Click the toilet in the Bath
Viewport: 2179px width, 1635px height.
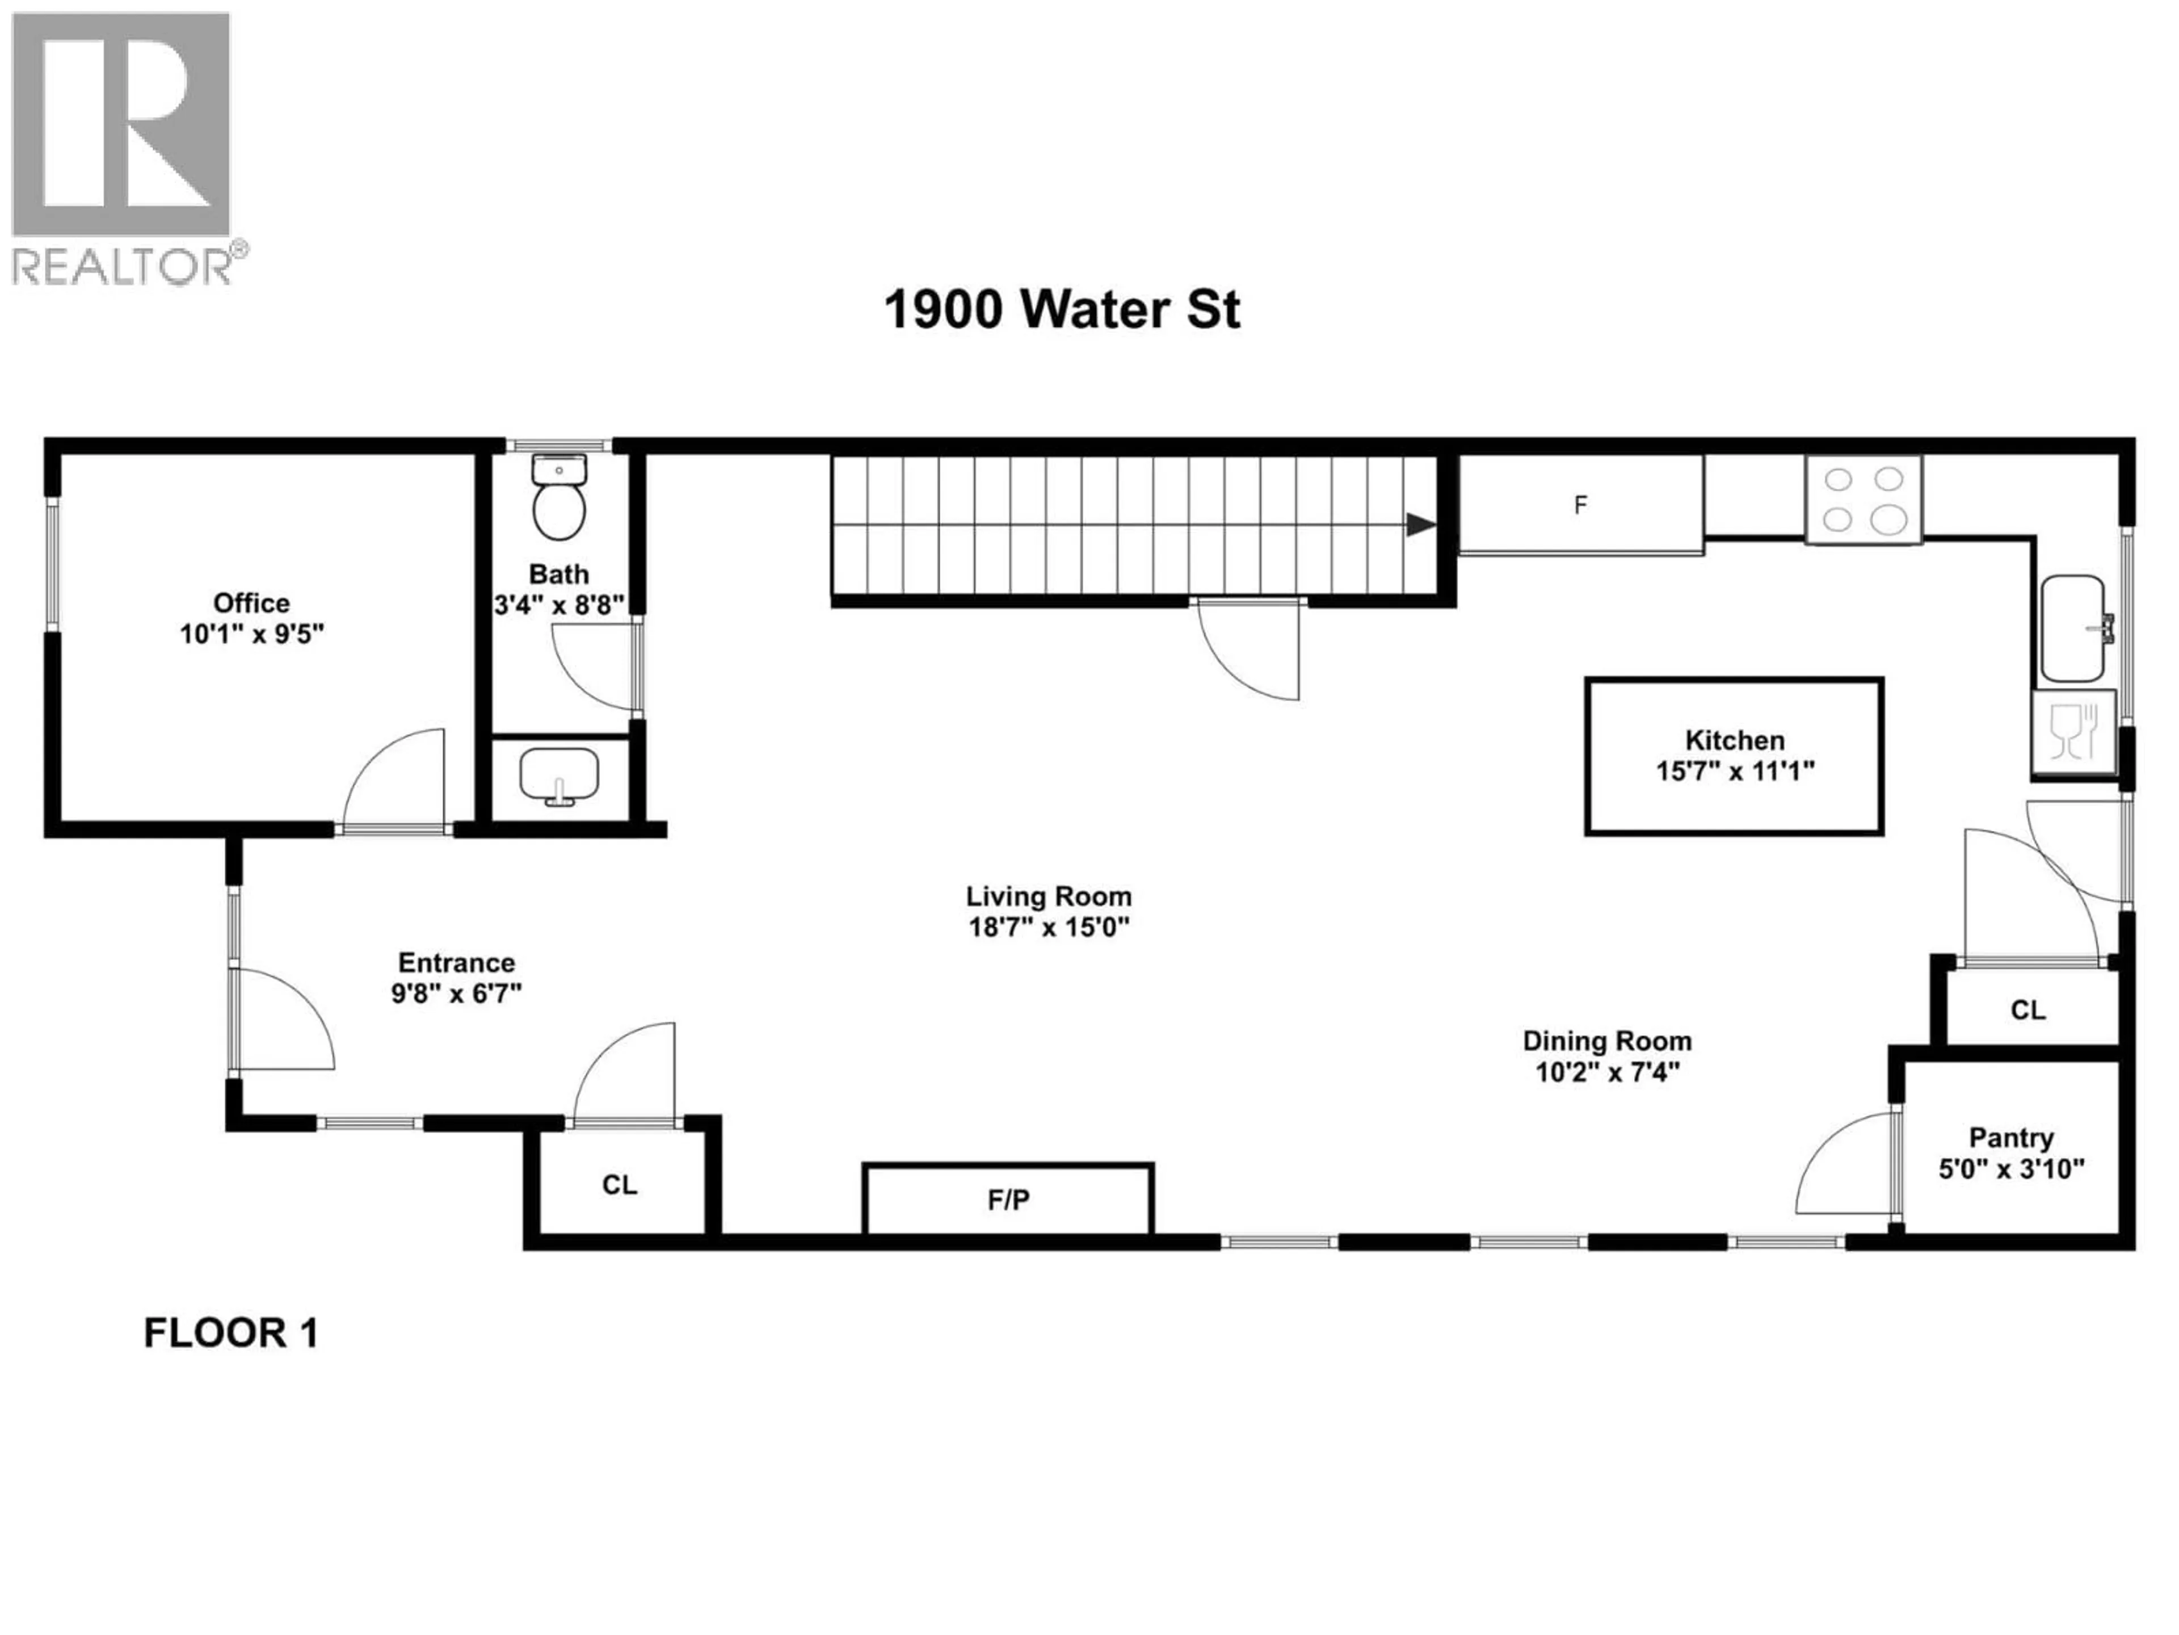[558, 500]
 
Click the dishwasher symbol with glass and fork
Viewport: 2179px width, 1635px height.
[2073, 732]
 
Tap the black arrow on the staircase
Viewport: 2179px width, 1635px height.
[1420, 525]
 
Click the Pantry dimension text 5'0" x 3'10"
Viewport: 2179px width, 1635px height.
[2012, 1169]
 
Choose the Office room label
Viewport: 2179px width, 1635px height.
[251, 602]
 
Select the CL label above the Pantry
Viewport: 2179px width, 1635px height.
[2027, 1009]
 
